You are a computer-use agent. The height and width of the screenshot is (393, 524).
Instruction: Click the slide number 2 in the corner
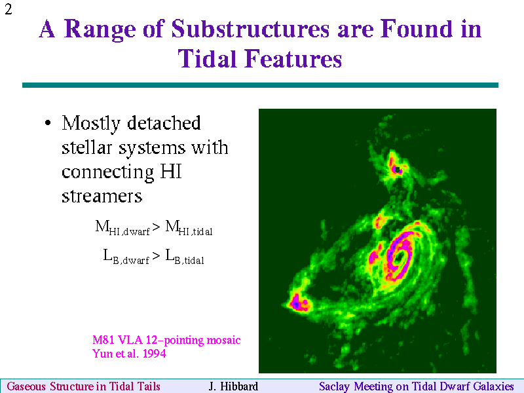click(9, 9)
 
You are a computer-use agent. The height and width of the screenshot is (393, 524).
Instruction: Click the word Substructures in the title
click(250, 29)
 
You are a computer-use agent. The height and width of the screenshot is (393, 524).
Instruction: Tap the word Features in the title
click(293, 59)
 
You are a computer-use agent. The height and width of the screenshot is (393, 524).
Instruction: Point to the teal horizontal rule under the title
click(260, 85)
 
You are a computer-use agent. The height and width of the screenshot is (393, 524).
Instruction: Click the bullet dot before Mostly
click(48, 123)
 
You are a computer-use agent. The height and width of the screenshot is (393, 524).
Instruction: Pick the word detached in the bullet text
click(164, 123)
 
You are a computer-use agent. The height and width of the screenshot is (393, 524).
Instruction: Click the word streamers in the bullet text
click(102, 196)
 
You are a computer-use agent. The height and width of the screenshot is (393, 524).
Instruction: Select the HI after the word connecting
click(171, 172)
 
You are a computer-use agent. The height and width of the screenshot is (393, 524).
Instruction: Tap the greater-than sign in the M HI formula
click(156, 227)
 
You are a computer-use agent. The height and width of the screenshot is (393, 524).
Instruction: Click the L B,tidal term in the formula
click(185, 257)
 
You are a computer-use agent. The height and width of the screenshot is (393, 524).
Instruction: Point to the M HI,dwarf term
click(122, 227)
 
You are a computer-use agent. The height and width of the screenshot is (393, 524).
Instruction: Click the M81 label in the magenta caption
click(104, 340)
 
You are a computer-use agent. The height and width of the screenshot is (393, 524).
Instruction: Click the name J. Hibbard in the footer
click(233, 386)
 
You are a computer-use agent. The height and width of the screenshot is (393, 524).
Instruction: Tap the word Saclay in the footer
click(335, 386)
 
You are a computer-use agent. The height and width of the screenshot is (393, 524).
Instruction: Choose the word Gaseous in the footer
click(26, 386)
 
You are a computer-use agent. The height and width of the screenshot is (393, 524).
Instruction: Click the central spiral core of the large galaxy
click(400, 257)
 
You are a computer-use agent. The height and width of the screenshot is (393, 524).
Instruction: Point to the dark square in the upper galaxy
click(398, 170)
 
